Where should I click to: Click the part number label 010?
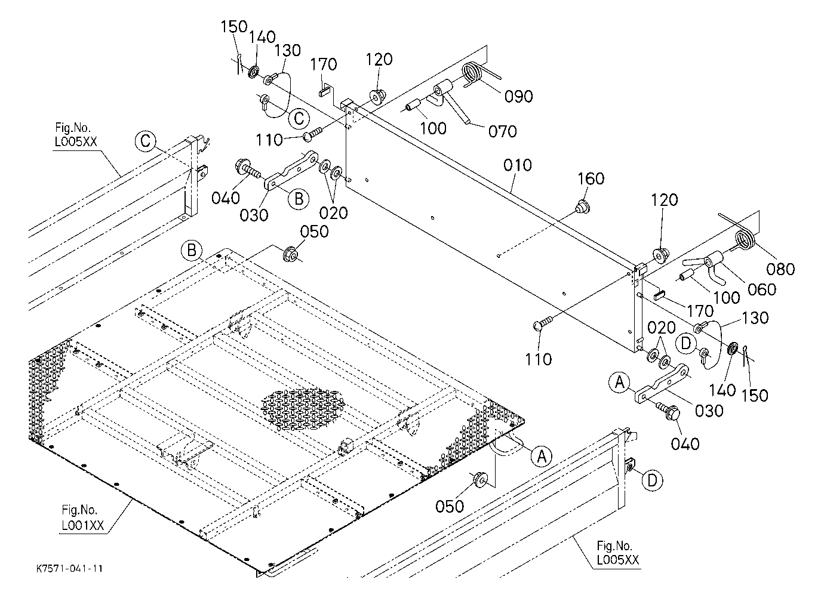(518, 165)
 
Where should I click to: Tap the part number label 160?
(591, 178)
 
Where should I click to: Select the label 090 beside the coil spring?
(519, 96)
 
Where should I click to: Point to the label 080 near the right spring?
(780, 269)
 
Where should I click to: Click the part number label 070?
(503, 131)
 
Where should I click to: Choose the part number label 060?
(762, 289)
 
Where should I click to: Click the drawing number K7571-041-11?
(69, 569)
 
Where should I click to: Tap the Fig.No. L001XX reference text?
(82, 518)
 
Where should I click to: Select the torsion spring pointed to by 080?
(740, 238)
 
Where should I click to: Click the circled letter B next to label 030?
(299, 199)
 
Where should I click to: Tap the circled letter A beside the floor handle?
(542, 457)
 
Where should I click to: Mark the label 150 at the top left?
(234, 27)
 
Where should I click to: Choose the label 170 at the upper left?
(324, 64)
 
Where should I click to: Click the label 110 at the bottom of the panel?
(538, 360)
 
